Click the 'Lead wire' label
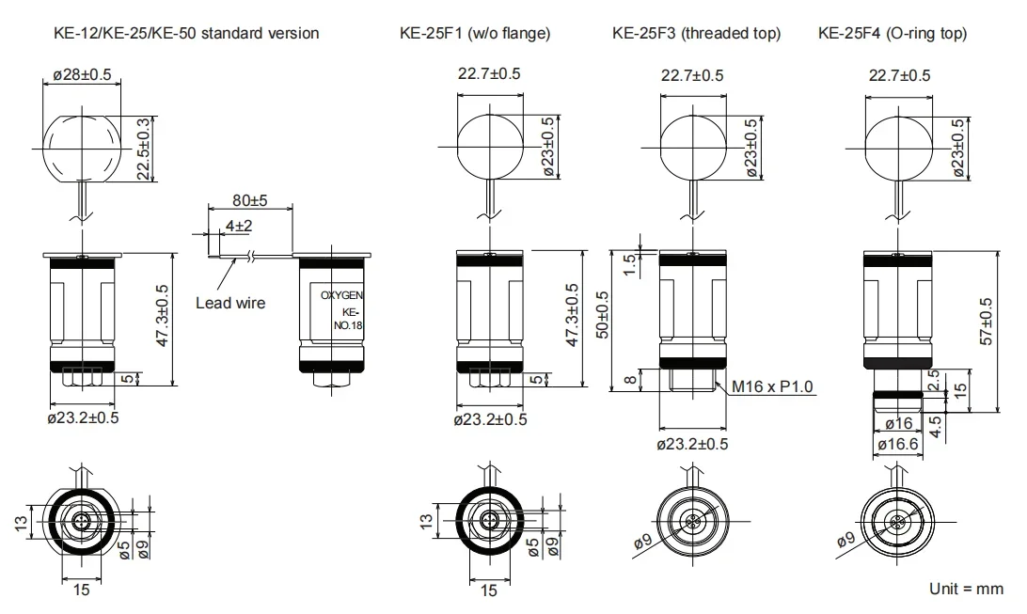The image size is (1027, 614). pyautogui.click(x=230, y=303)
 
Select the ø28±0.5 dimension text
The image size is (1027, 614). pyautogui.click(x=82, y=74)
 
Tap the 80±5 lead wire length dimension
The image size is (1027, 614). pyautogui.click(x=249, y=200)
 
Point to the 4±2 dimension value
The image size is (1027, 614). pyautogui.click(x=239, y=226)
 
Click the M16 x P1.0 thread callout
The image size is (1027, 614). pyautogui.click(x=771, y=386)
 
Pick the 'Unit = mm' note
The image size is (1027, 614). pyautogui.click(x=966, y=589)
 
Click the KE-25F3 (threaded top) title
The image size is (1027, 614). pyautogui.click(x=696, y=34)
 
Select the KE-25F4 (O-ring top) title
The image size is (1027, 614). pyautogui.click(x=893, y=34)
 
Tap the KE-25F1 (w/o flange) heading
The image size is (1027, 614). pyautogui.click(x=475, y=34)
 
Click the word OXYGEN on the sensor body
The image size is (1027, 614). pyautogui.click(x=341, y=296)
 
